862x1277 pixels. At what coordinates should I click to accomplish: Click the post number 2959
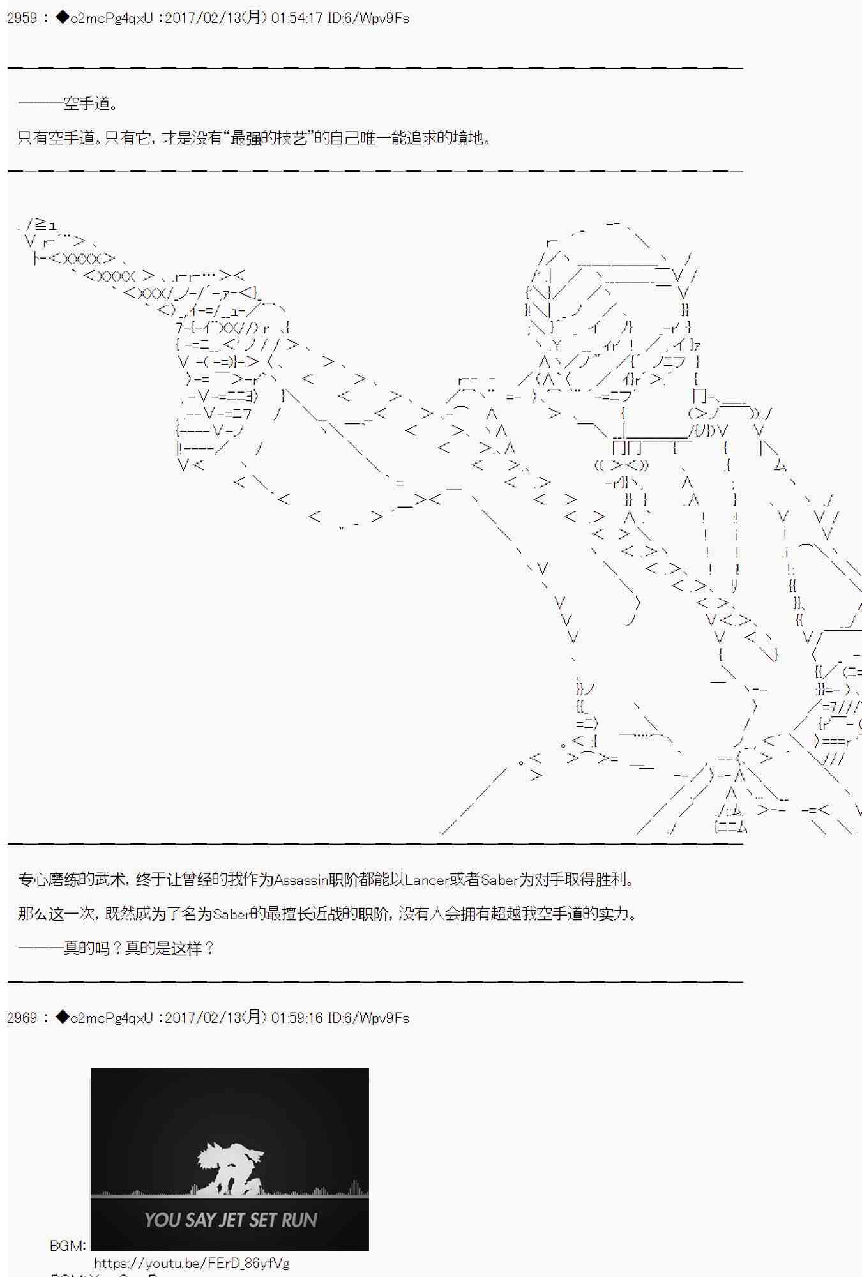pos(22,18)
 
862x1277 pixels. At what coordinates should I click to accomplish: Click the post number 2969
pos(22,1018)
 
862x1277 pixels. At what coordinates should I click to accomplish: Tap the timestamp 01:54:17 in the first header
pos(297,18)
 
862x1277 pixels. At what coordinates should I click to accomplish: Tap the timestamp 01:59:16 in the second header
pos(297,1018)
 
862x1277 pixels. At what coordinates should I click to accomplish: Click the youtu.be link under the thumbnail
pos(192,1263)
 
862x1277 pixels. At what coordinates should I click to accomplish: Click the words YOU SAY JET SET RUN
pos(231,1220)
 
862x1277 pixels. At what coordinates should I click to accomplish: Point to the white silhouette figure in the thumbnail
pos(230,1169)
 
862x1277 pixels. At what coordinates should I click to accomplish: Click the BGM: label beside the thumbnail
pos(68,1246)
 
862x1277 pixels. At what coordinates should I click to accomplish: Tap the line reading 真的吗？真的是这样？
pos(116,948)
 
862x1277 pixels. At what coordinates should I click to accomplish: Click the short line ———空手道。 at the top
pos(68,103)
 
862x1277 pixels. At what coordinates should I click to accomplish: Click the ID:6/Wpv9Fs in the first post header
pos(368,18)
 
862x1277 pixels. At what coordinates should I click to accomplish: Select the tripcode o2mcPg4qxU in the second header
pos(112,1018)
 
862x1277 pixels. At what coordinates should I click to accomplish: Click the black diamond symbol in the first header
pos(62,17)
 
